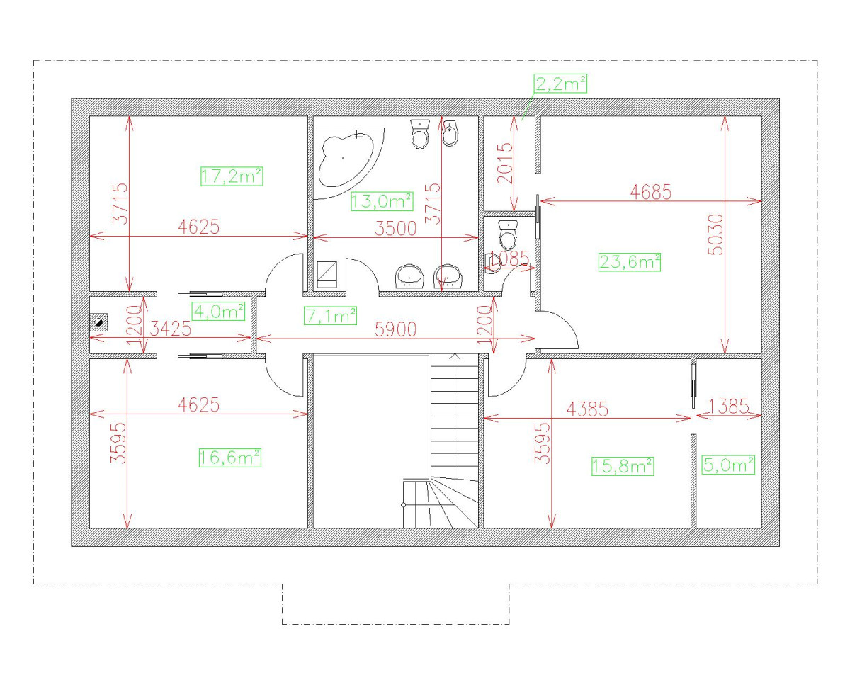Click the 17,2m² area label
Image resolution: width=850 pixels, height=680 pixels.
232,176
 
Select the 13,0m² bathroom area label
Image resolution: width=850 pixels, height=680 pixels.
382,201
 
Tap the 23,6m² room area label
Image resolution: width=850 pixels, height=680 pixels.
630,262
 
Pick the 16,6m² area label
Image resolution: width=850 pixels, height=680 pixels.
230,458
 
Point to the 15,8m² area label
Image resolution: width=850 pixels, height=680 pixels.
621,465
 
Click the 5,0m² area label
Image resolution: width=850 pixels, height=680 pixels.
727,465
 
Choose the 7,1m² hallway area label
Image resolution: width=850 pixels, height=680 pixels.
330,316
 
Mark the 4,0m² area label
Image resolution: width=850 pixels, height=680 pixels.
219,311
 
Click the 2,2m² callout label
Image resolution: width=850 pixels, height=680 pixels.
561,84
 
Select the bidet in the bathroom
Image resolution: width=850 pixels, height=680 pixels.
449,133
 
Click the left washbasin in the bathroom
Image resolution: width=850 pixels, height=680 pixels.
409,276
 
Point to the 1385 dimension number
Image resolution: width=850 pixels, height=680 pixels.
728,407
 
